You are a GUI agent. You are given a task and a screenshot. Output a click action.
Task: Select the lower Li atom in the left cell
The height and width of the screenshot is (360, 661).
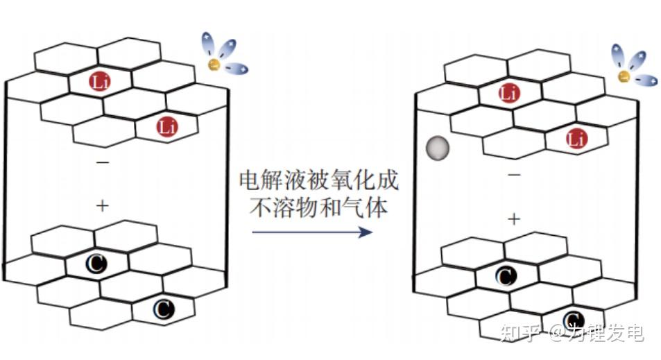point(166,127)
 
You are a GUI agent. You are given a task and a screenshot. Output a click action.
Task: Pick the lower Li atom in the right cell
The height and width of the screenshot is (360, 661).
point(575,139)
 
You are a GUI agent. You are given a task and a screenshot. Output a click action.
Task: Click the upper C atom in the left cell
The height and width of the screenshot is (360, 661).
point(96,264)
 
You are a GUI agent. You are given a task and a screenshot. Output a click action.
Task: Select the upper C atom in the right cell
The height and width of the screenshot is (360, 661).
point(506,277)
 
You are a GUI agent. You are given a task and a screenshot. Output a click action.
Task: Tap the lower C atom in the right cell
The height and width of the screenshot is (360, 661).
point(573,320)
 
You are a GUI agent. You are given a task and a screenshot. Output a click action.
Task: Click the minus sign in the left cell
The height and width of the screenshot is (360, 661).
point(102,163)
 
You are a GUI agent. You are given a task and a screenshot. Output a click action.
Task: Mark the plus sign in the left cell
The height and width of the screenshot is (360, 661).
point(102,205)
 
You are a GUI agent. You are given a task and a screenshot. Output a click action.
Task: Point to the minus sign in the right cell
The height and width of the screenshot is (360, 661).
point(513,175)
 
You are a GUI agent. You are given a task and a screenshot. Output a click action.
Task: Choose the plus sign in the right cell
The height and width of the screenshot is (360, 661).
point(513,219)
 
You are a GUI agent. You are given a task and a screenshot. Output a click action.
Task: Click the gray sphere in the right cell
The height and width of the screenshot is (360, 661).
point(437,148)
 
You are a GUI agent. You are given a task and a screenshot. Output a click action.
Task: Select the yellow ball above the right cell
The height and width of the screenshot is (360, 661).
point(624,76)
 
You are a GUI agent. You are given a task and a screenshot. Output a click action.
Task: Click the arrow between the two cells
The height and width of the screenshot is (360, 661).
point(312,232)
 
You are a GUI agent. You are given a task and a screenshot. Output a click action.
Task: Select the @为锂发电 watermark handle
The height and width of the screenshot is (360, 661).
point(596,334)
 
